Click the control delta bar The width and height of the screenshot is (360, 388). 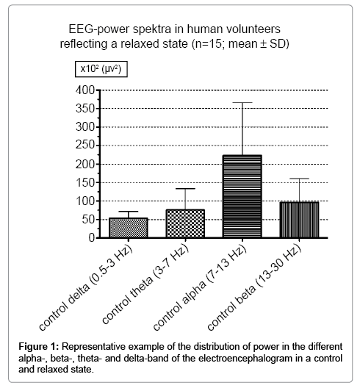coord(129,228)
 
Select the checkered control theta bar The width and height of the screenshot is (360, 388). coord(185,223)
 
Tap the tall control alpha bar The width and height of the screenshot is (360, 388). coord(242,196)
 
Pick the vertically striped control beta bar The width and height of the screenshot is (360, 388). coord(299,220)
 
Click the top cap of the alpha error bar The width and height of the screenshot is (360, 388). coord(242,102)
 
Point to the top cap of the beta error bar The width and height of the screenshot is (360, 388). coord(299,179)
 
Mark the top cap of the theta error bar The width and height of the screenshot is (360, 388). coord(185,189)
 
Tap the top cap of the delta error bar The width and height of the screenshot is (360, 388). coord(129,212)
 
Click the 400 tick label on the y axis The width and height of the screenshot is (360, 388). coord(85,90)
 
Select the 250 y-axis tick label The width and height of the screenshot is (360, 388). coord(85,145)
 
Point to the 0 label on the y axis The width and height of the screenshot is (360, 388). coord(92,238)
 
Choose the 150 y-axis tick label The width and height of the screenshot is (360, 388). coord(85,183)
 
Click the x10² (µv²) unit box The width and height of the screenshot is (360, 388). coord(101,69)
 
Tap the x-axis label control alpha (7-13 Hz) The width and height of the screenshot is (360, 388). coord(200,288)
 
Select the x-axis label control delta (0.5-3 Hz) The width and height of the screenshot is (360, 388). coord(86,288)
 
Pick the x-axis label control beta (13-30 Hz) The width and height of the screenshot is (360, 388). coord(255,288)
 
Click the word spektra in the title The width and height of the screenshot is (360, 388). coord(152,29)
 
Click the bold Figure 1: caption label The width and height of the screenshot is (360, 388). coord(39,347)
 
